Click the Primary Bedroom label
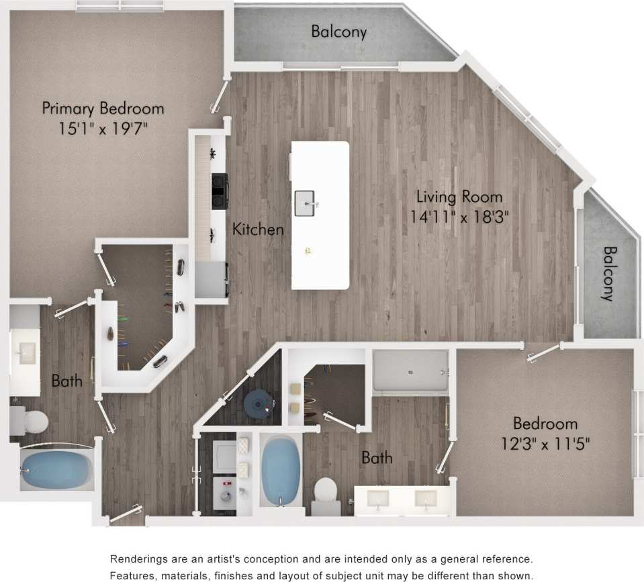[103, 108]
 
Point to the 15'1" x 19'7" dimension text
[103, 128]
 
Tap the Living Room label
[459, 197]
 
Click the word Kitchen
[258, 230]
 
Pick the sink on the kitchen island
[305, 203]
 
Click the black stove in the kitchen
[220, 191]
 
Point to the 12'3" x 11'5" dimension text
[545, 443]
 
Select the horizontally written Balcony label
[338, 32]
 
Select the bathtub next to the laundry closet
[281, 470]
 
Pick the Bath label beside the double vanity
[377, 458]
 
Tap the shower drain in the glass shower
[409, 369]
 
